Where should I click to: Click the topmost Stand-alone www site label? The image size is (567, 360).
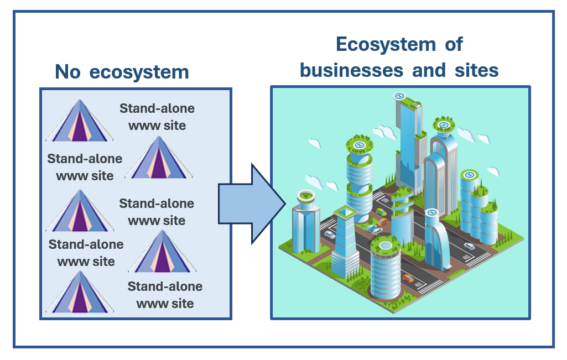[157, 117]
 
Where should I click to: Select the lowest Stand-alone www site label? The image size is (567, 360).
[165, 295]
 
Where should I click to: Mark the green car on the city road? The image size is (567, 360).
[381, 212]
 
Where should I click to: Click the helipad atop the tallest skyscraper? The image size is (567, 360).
[399, 96]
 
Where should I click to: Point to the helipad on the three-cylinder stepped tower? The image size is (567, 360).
[470, 175]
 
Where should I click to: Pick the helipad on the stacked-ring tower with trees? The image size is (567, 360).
[358, 145]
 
